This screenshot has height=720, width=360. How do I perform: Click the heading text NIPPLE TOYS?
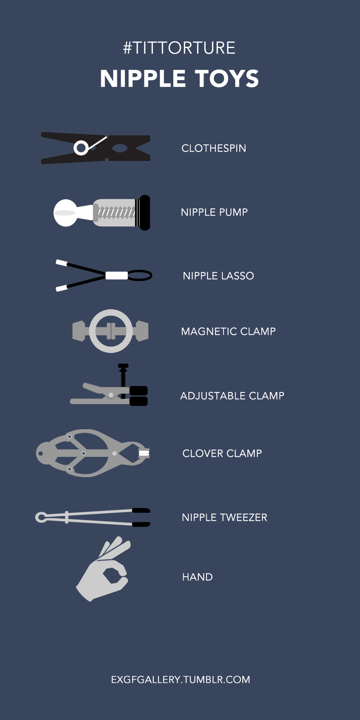pos(180,78)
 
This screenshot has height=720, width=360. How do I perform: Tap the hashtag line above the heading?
pos(179,48)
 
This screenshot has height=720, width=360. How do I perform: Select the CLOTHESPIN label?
pos(214,148)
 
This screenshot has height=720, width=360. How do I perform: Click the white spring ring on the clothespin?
pos(81,148)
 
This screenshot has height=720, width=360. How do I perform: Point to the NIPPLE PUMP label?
pos(214,212)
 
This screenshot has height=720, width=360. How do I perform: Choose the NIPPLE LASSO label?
pos(218,276)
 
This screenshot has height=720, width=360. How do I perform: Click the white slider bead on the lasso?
pos(117,275)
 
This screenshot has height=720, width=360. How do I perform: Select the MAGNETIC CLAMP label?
pos(228,332)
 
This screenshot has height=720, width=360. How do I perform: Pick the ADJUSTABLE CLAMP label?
pos(232,396)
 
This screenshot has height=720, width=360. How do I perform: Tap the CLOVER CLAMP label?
pos(222,454)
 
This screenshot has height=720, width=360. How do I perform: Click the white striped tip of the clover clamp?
pos(144,453)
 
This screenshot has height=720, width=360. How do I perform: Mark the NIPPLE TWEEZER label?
pos(224,518)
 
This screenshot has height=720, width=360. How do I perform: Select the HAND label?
pos(197,577)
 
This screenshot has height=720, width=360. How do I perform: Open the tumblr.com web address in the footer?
pos(180,680)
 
